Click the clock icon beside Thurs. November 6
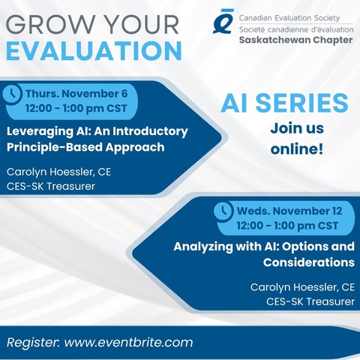[x=13, y=94]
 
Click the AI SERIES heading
[x=295, y=103]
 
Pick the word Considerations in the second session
[x=307, y=262]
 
